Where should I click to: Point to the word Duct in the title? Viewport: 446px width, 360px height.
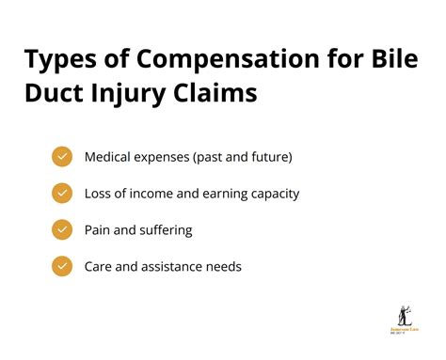56,95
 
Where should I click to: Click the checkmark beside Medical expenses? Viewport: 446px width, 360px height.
62,157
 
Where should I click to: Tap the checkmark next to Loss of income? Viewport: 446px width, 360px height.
62,194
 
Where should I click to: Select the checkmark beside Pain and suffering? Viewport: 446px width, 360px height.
62,229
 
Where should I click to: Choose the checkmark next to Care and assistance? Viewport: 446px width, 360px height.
62,266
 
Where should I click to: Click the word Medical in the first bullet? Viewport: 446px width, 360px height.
108,157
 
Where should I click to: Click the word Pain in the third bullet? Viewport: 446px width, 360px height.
98,229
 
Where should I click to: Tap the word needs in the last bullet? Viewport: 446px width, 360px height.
225,266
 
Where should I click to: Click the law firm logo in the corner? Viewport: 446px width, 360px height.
406,321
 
